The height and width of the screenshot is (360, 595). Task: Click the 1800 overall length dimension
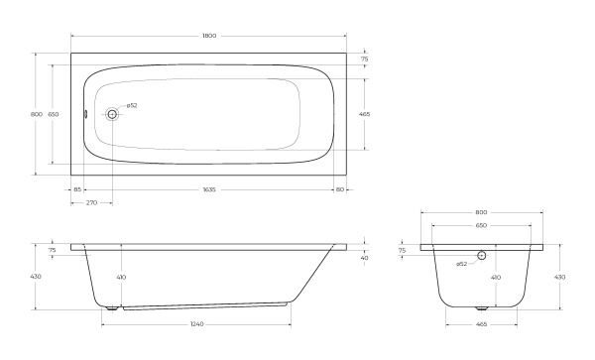pyautogui.click(x=209, y=36)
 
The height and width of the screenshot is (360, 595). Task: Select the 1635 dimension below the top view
pyautogui.click(x=209, y=189)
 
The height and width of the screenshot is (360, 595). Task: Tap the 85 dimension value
pyautogui.click(x=77, y=189)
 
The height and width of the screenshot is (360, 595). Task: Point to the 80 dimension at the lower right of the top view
pyautogui.click(x=340, y=189)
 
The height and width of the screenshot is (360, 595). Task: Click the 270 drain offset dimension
pyautogui.click(x=91, y=202)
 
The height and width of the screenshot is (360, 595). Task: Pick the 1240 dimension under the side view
pyautogui.click(x=197, y=324)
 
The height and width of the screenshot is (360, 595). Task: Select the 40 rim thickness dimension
pyautogui.click(x=364, y=258)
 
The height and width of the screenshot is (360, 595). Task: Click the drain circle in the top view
pyautogui.click(x=112, y=114)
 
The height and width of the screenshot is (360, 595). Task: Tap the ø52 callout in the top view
pyautogui.click(x=132, y=105)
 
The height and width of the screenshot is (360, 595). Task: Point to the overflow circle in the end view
pyautogui.click(x=482, y=255)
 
